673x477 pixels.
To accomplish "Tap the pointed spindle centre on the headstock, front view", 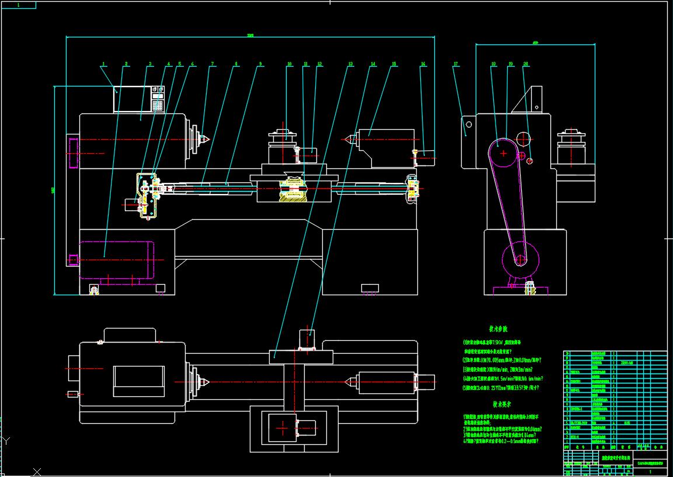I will coord(204,139).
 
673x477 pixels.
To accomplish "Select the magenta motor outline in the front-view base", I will coord(117,260).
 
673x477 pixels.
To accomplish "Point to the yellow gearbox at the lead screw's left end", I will coord(147,195).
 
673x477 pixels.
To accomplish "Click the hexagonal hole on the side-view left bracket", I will coord(468,125).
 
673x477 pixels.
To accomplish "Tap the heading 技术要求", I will coord(501,404).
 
